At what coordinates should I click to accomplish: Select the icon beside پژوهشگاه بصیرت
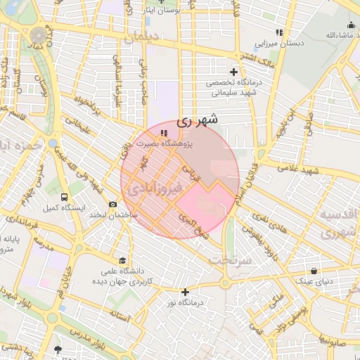(164, 133)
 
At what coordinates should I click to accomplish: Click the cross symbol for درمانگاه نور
(185, 292)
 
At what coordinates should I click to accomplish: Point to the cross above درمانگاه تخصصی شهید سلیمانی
(234, 72)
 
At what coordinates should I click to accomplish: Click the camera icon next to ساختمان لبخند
(112, 204)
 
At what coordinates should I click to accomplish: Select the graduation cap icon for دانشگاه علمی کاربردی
(123, 260)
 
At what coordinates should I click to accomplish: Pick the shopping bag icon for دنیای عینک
(313, 271)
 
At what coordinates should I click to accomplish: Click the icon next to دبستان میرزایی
(279, 32)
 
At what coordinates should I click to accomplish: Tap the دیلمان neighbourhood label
(139, 38)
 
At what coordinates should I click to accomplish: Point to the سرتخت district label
(230, 261)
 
